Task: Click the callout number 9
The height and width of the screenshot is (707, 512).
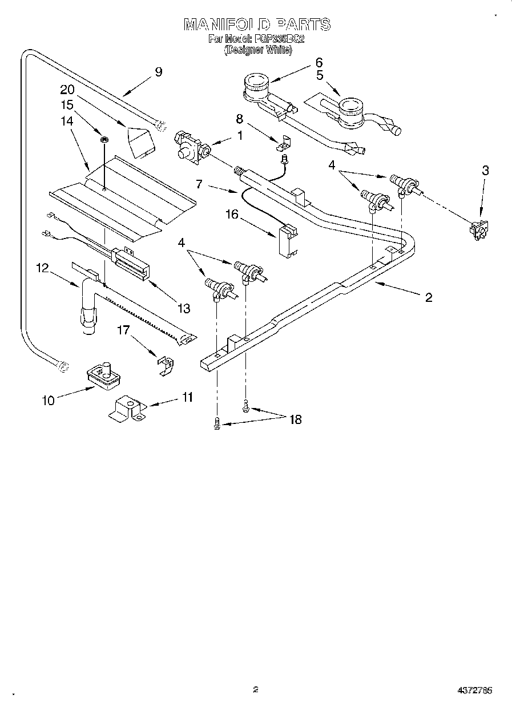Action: click(x=158, y=72)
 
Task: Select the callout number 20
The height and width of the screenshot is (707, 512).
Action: click(x=67, y=90)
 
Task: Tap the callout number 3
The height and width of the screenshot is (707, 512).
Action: click(x=485, y=169)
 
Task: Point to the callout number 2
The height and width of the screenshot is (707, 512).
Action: click(x=428, y=297)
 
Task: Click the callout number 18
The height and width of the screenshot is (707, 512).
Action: click(x=295, y=419)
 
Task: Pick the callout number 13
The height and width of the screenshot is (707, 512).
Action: click(x=183, y=308)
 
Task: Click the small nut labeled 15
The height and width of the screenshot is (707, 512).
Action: click(x=104, y=139)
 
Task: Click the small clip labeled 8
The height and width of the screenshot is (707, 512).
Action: click(x=283, y=144)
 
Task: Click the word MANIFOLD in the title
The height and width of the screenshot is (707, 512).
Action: click(x=227, y=25)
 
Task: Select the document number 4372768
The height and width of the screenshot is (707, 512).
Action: click(x=475, y=690)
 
